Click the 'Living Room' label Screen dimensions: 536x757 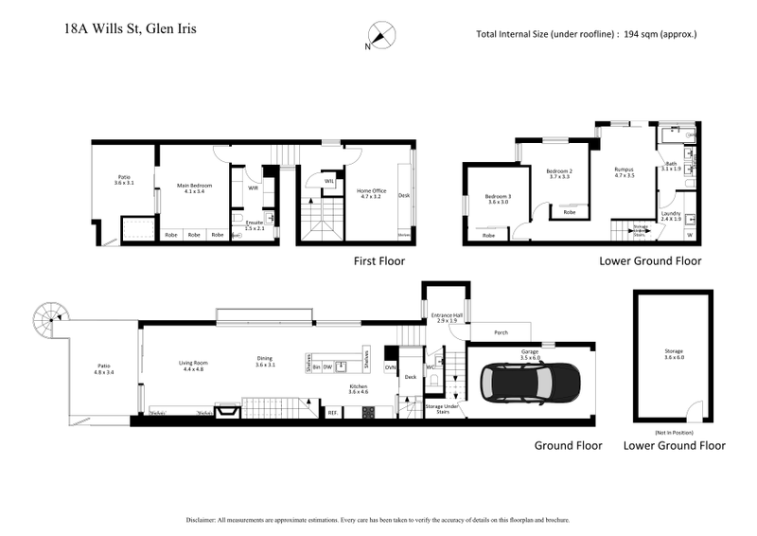point(194,363)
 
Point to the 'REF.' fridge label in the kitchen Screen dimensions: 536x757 point(332,412)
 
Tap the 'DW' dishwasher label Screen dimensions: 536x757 point(327,366)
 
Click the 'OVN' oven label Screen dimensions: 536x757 point(389,366)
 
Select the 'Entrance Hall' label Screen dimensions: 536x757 point(446,314)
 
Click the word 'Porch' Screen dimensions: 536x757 point(502,332)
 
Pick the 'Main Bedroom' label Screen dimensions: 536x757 point(194,186)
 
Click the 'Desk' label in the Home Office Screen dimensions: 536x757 point(404,196)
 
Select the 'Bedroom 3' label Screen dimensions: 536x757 point(498,196)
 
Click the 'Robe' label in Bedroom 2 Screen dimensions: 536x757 point(569,212)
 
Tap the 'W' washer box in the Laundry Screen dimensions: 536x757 point(689,234)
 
